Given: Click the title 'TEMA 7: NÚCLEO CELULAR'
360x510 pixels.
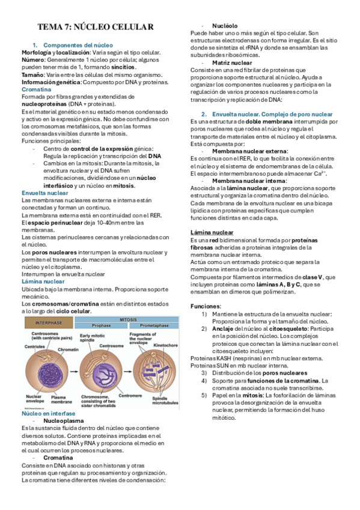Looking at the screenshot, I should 96,28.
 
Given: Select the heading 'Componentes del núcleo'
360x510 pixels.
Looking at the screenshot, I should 78,45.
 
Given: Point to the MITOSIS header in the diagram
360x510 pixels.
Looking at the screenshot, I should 127,319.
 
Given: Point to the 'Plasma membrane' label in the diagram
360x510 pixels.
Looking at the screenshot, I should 62,399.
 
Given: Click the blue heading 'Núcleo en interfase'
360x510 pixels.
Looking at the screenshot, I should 49,414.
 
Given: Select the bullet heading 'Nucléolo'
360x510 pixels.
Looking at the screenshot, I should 225,26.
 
